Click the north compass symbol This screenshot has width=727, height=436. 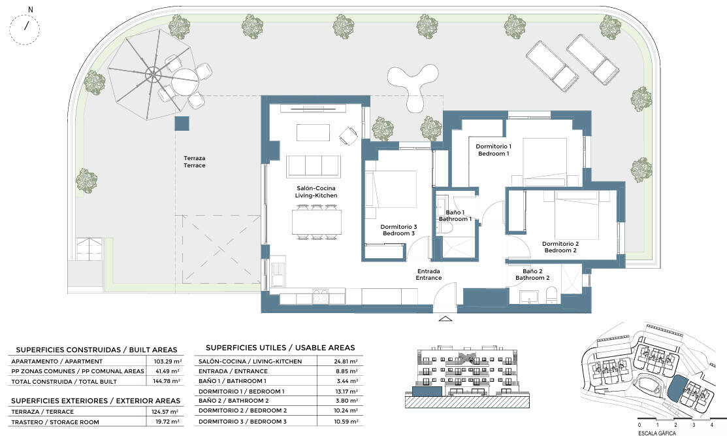click(x=24, y=28)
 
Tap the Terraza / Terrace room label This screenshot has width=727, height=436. click(x=194, y=162)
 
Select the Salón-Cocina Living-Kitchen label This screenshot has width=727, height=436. click(x=315, y=192)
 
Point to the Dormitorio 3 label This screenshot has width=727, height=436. click(x=398, y=227)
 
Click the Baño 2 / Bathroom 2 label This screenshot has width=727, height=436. click(x=532, y=275)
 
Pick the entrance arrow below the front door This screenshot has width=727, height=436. click(x=445, y=319)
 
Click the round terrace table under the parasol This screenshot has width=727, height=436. click(x=185, y=82)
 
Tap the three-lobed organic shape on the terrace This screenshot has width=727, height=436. click(x=413, y=85)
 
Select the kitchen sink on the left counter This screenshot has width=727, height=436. click(x=279, y=275)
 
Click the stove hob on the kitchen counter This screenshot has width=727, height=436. click(x=320, y=296)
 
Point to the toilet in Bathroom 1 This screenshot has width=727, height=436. click(x=446, y=227)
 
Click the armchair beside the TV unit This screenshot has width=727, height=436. click(x=348, y=136)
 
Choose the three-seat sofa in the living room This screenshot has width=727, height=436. click(x=314, y=166)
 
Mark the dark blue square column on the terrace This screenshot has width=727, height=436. click(x=182, y=124)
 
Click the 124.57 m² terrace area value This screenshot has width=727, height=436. click(x=167, y=412)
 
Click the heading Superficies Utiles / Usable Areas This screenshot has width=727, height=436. click(x=280, y=347)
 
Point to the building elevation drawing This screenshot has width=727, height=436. click(x=467, y=377)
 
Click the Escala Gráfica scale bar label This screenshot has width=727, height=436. click(x=656, y=433)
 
